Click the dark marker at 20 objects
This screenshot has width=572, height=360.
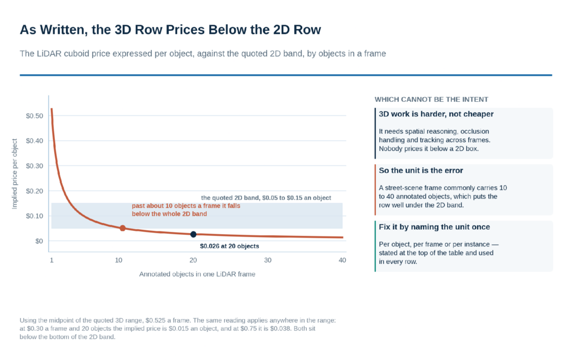193,234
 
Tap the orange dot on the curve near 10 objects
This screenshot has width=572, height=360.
122,228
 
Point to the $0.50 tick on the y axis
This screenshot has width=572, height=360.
34,116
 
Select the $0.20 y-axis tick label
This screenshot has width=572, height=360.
34,191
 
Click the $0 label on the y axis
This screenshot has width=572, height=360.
39,241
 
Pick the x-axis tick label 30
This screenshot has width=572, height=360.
268,260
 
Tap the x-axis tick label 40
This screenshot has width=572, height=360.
342,260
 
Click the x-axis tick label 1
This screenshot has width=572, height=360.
51,260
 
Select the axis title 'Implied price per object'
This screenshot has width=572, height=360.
15,174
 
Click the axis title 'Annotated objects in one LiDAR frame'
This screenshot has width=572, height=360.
197,274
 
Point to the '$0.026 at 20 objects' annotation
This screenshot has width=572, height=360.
230,246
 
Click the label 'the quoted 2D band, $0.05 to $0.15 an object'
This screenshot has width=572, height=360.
266,197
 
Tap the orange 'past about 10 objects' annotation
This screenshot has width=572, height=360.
186,210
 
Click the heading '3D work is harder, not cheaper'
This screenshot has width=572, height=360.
436,114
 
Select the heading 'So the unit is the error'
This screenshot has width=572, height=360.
421,170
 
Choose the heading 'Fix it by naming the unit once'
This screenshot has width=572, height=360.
434,227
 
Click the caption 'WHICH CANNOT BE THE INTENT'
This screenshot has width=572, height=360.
431,100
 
